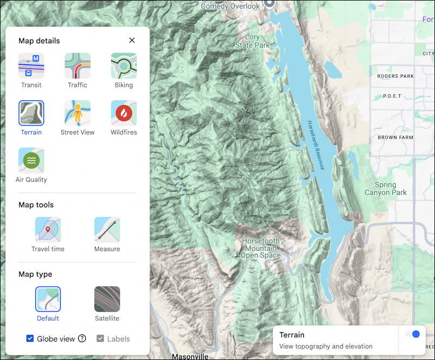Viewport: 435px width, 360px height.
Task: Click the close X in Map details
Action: pyautogui.click(x=132, y=40)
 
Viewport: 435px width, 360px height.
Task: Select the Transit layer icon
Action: pyautogui.click(x=31, y=66)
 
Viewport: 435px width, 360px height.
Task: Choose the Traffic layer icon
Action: pyautogui.click(x=78, y=66)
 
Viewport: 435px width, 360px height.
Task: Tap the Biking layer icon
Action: pyautogui.click(x=124, y=66)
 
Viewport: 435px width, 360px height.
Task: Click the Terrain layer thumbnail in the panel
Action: pyautogui.click(x=31, y=113)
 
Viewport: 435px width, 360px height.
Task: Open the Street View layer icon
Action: pyautogui.click(x=78, y=113)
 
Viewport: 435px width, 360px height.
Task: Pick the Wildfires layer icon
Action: pyautogui.click(x=124, y=113)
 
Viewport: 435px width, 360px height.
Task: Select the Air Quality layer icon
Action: pyautogui.click(x=31, y=160)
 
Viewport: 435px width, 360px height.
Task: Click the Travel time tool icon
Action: pyautogui.click(x=48, y=230)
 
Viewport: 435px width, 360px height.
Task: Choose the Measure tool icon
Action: pyautogui.click(x=107, y=230)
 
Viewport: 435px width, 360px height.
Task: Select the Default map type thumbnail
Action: pyautogui.click(x=48, y=299)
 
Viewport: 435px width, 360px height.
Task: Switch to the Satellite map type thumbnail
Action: pyautogui.click(x=107, y=299)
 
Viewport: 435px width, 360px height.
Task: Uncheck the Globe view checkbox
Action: pyautogui.click(x=30, y=339)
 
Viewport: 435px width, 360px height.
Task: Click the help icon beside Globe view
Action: pyautogui.click(x=82, y=339)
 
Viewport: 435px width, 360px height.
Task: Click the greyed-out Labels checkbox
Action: pyautogui.click(x=100, y=339)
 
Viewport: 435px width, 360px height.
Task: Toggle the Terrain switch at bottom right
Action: pyautogui.click(x=413, y=335)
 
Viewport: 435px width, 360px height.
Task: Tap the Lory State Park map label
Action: pyautogui.click(x=252, y=41)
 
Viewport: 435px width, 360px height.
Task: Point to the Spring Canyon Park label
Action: pyautogui.click(x=385, y=189)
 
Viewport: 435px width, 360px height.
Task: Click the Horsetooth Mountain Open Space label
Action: pyautogui.click(x=261, y=248)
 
